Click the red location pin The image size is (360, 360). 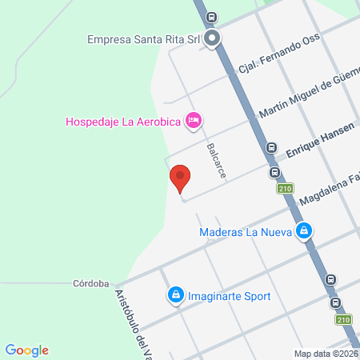click(x=180, y=178)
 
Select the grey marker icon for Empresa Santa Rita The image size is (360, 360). click(x=212, y=38)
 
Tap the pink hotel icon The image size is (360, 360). click(x=193, y=121)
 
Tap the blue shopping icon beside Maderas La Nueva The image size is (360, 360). click(x=303, y=232)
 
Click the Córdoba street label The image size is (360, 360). click(x=90, y=282)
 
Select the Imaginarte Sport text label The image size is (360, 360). click(x=229, y=296)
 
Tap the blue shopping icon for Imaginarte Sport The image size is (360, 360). click(x=175, y=295)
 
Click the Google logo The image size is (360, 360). click(x=27, y=350)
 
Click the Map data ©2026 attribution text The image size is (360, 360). click(x=326, y=354)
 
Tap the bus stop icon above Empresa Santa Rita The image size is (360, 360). click(x=210, y=17)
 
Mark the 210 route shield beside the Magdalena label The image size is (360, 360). click(x=286, y=189)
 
